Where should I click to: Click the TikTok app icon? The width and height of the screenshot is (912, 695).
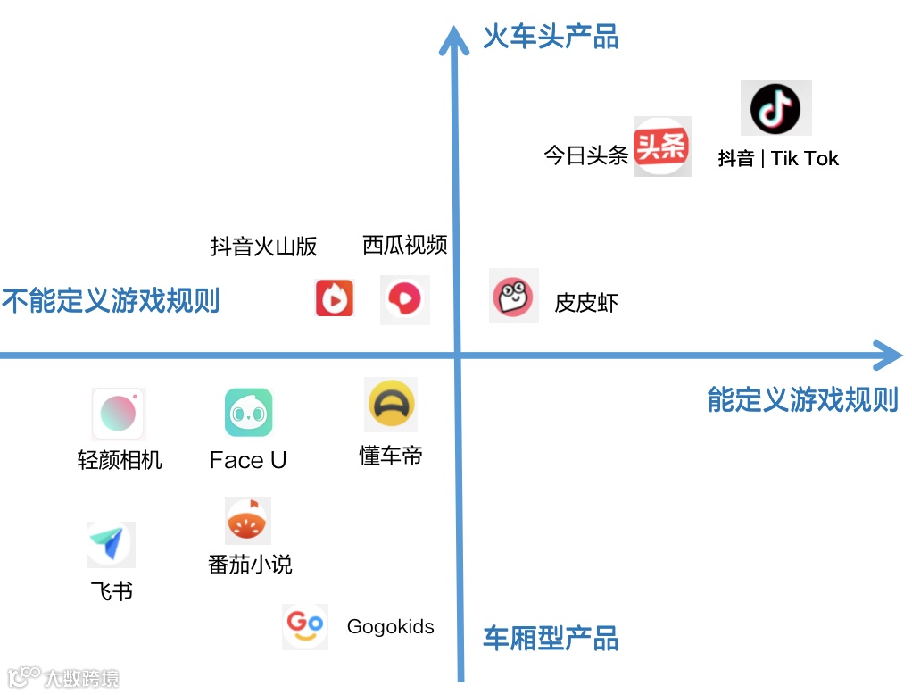775,109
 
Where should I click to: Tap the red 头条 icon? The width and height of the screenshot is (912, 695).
662,146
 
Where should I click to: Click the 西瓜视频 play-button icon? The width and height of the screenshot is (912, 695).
405,299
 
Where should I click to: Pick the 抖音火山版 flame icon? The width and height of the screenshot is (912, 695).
335,298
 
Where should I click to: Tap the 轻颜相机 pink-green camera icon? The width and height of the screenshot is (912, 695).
118,414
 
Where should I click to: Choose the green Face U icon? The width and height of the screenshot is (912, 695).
248,413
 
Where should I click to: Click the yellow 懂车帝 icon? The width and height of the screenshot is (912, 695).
391,405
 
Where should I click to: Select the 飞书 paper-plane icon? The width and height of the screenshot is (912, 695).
111,544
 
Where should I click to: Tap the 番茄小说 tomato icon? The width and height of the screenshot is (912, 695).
248,522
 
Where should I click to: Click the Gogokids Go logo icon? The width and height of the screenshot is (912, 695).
305,626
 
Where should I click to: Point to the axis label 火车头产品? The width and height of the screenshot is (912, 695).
551,37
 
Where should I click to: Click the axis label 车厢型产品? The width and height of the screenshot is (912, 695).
551,640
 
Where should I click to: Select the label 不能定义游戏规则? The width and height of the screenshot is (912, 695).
111,300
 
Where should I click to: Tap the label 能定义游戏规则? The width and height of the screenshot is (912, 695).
802,399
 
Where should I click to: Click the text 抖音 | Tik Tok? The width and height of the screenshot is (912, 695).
778,159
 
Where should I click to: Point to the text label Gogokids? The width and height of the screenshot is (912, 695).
390,626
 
